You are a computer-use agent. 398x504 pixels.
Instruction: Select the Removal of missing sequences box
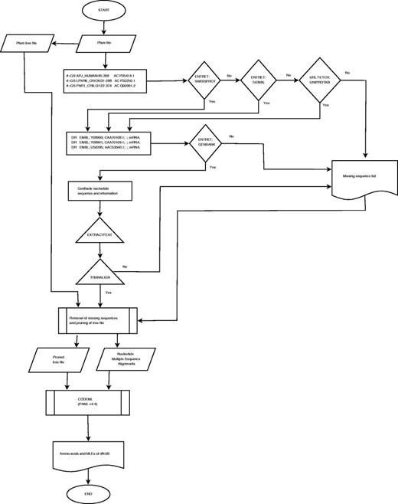coord(101,318)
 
